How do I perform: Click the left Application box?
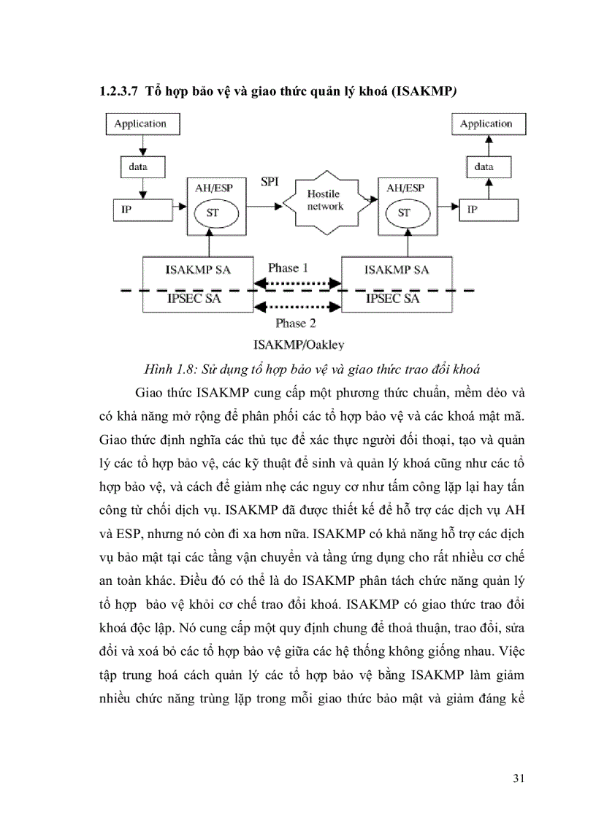click(140, 123)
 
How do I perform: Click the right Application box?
click(486, 123)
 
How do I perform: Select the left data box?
click(137, 167)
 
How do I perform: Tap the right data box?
click(484, 167)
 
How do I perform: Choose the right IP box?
click(489, 210)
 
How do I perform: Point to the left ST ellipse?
click(210, 213)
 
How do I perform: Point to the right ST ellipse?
click(404, 213)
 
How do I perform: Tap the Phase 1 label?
click(288, 268)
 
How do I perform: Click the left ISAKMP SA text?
click(197, 270)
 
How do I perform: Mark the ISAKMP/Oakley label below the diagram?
click(298, 343)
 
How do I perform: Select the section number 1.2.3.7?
click(118, 92)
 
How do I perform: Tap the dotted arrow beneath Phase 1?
click(297, 281)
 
